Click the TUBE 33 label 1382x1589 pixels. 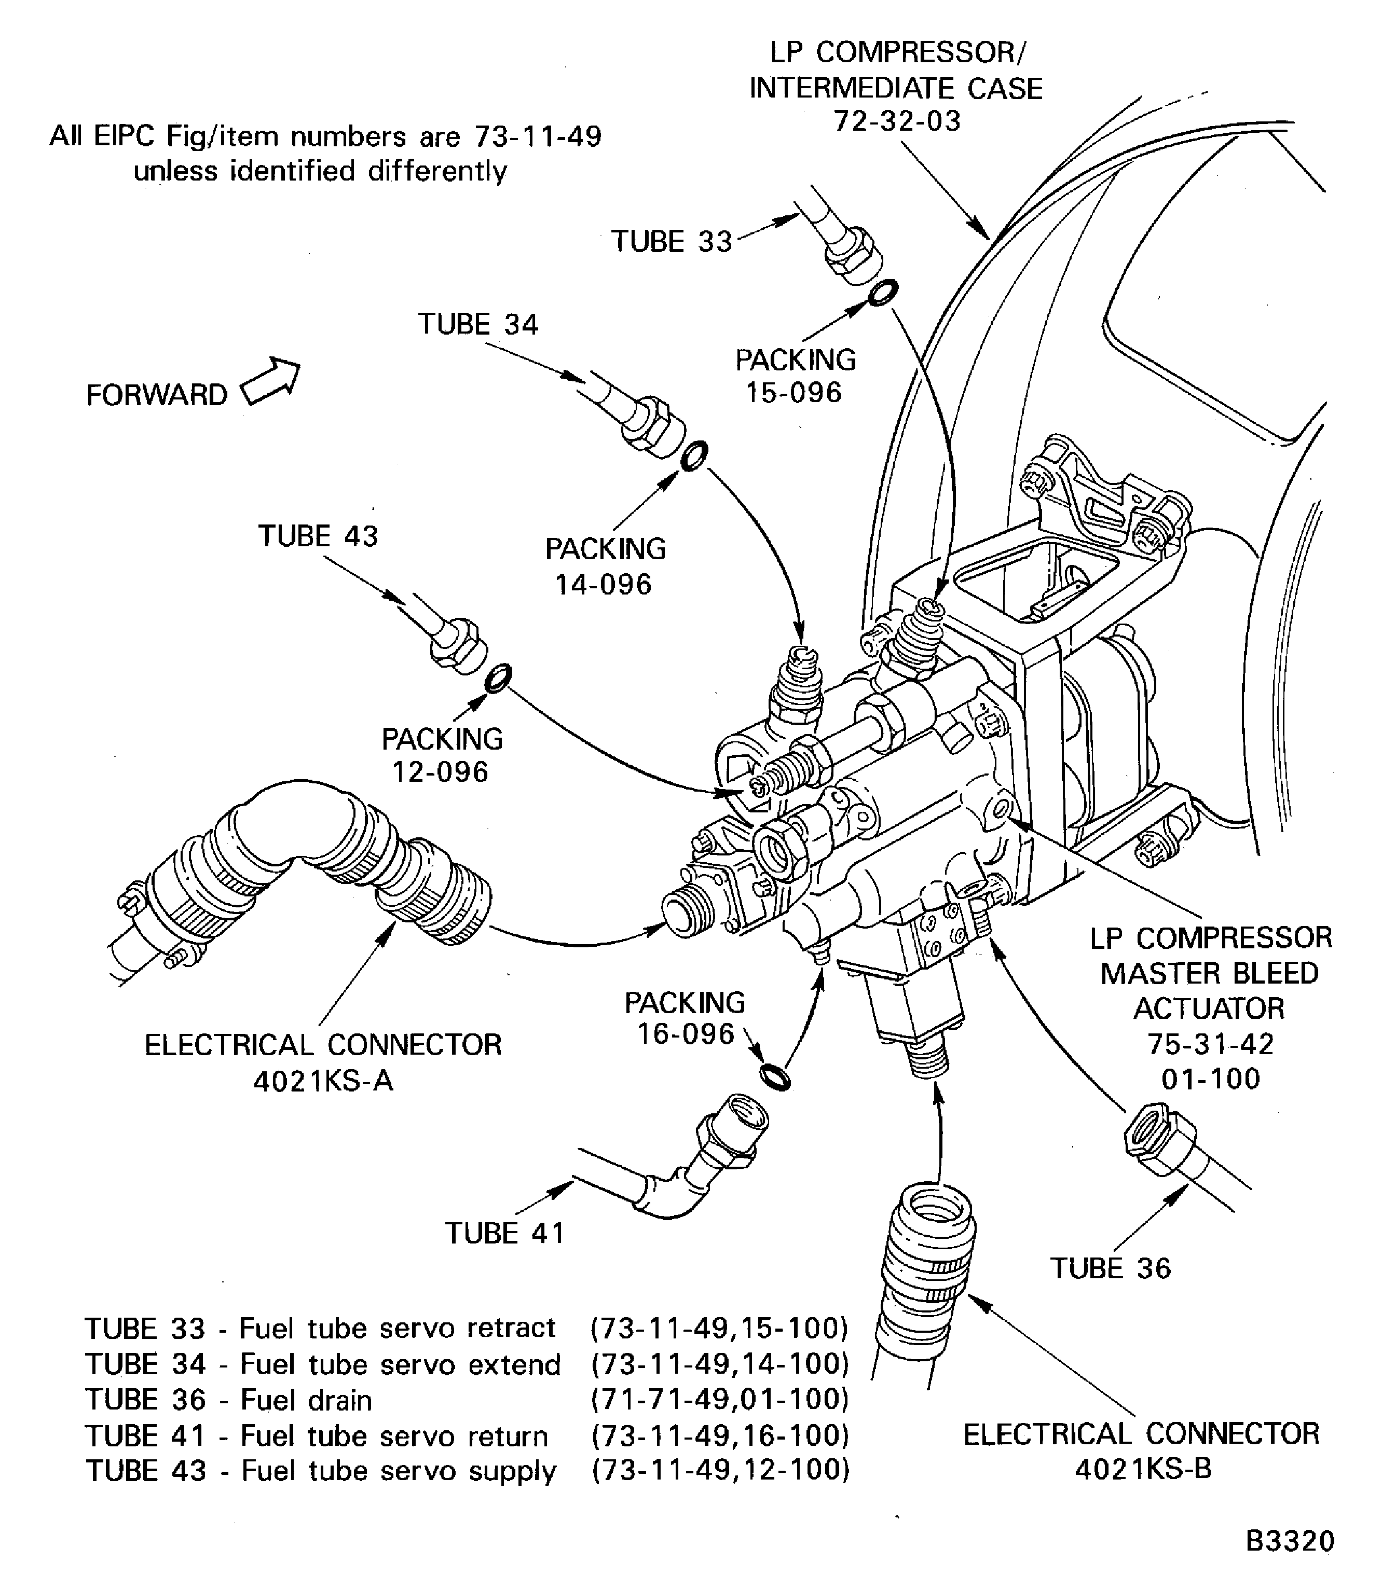[671, 241]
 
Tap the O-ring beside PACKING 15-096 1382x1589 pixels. [882, 294]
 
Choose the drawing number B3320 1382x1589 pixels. [1290, 1541]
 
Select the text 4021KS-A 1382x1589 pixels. [323, 1082]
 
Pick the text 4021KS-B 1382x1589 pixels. [1143, 1470]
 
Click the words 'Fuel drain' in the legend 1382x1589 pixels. [306, 1400]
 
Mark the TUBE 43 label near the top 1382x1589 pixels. [318, 536]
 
